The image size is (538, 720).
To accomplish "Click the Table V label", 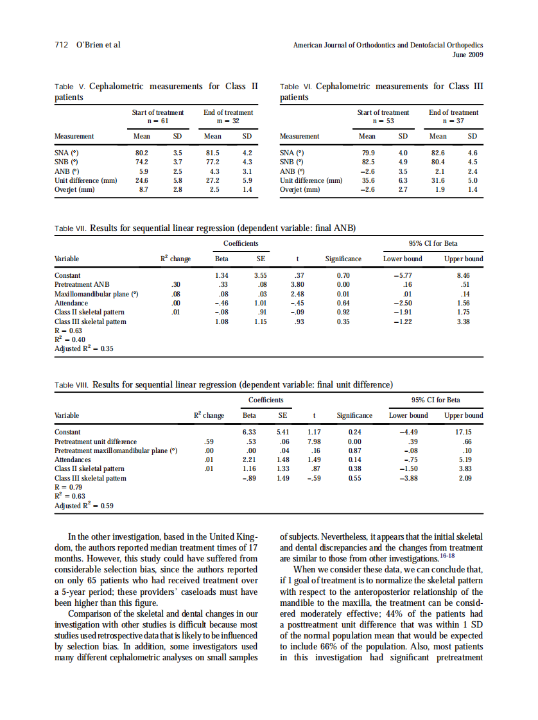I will click(x=70, y=86).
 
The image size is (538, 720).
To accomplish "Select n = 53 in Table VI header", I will click(x=383, y=121).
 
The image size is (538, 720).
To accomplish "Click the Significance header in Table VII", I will click(x=343, y=259).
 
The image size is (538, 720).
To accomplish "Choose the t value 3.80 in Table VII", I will click(x=297, y=284).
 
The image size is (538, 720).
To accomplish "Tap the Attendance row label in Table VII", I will click(x=71, y=303).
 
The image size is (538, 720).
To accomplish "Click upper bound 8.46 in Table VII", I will click(x=472, y=275).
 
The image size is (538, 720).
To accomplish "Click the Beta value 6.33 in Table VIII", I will click(x=249, y=432).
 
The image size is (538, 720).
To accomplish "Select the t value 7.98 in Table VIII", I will click(x=314, y=441).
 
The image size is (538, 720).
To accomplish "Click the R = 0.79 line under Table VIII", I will click(x=68, y=487).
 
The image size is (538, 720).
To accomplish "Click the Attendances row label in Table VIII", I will click(x=73, y=459).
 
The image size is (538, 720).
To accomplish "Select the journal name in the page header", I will click(x=388, y=46).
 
